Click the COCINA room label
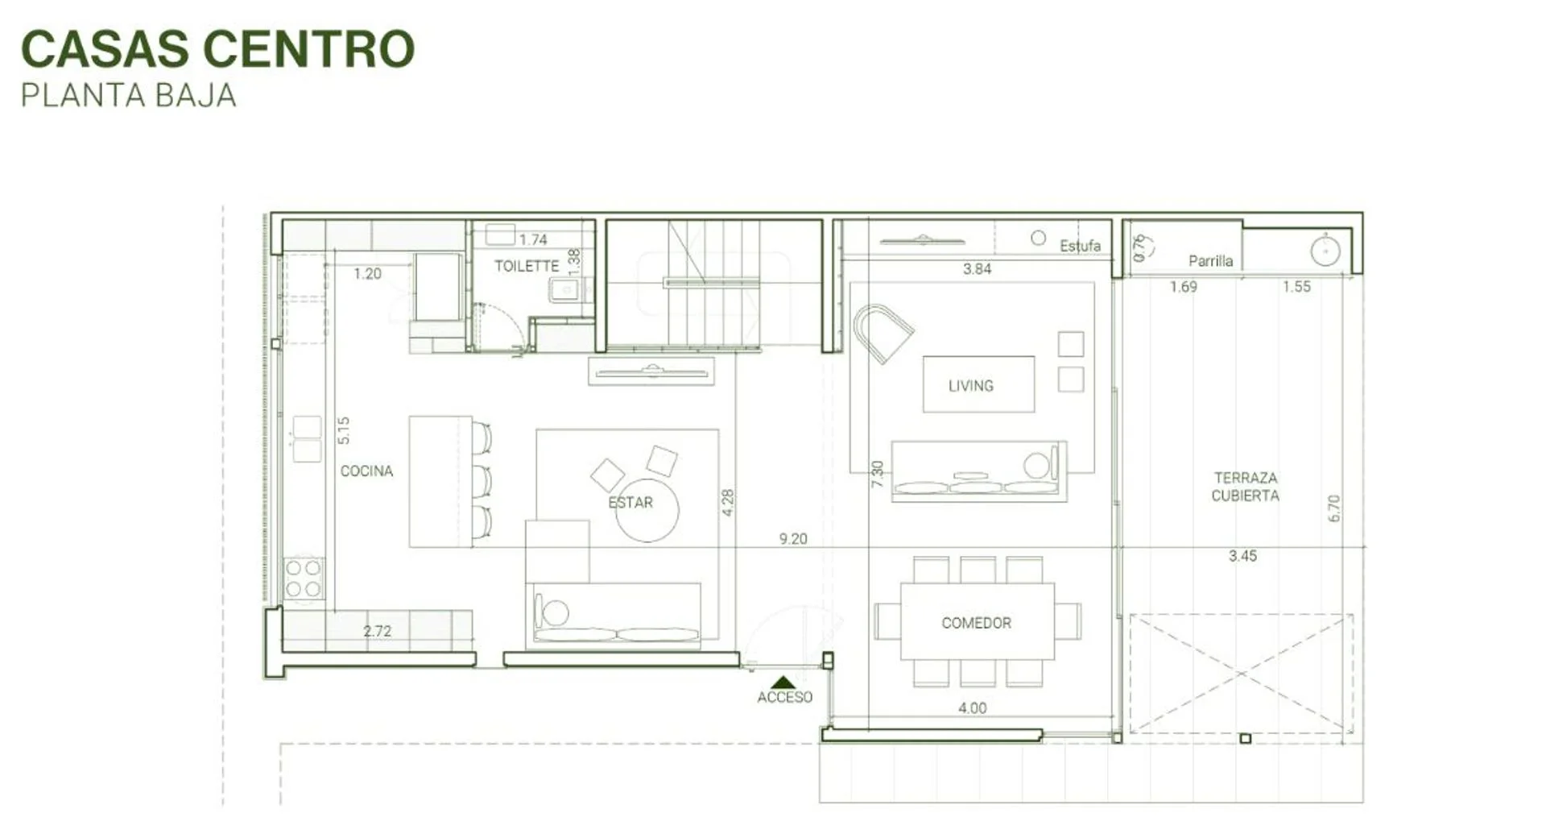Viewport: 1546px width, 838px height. pyautogui.click(x=366, y=471)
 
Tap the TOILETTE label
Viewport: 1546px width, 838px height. pyautogui.click(x=527, y=266)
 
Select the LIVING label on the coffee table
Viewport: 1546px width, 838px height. pyautogui.click(x=971, y=386)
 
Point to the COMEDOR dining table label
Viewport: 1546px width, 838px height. pyautogui.click(x=977, y=623)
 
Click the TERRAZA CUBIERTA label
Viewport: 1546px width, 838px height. pyautogui.click(x=1246, y=487)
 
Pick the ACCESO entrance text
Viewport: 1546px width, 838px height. pyautogui.click(x=785, y=697)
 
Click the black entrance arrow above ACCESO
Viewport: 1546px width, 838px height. pyautogui.click(x=783, y=682)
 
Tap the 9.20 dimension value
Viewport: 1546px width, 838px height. pyautogui.click(x=793, y=538)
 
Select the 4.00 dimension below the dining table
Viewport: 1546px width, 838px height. pyautogui.click(x=973, y=707)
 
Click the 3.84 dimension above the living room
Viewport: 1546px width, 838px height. pyautogui.click(x=978, y=269)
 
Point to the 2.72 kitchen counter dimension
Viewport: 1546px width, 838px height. pyautogui.click(x=378, y=631)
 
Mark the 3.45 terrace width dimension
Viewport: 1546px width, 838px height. pyautogui.click(x=1243, y=556)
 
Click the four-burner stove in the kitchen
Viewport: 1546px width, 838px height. pyautogui.click(x=304, y=579)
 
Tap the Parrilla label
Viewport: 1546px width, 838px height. pyautogui.click(x=1211, y=260)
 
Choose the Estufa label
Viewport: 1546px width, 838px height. pyautogui.click(x=1081, y=246)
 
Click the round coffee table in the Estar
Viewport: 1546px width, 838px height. pyautogui.click(x=647, y=510)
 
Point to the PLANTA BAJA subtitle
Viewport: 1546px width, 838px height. pyautogui.click(x=129, y=96)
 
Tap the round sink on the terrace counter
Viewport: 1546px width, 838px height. pyautogui.click(x=1325, y=251)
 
